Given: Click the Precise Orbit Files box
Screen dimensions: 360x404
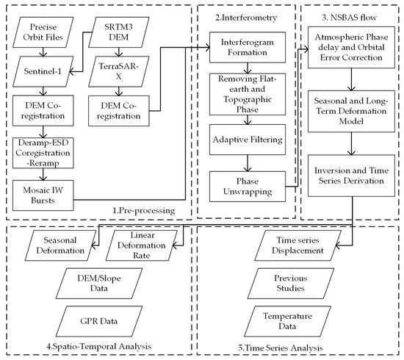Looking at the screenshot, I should (x=43, y=32).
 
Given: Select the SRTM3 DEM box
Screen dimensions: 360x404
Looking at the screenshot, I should (x=120, y=32).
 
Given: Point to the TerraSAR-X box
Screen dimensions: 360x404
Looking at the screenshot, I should (x=120, y=72).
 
